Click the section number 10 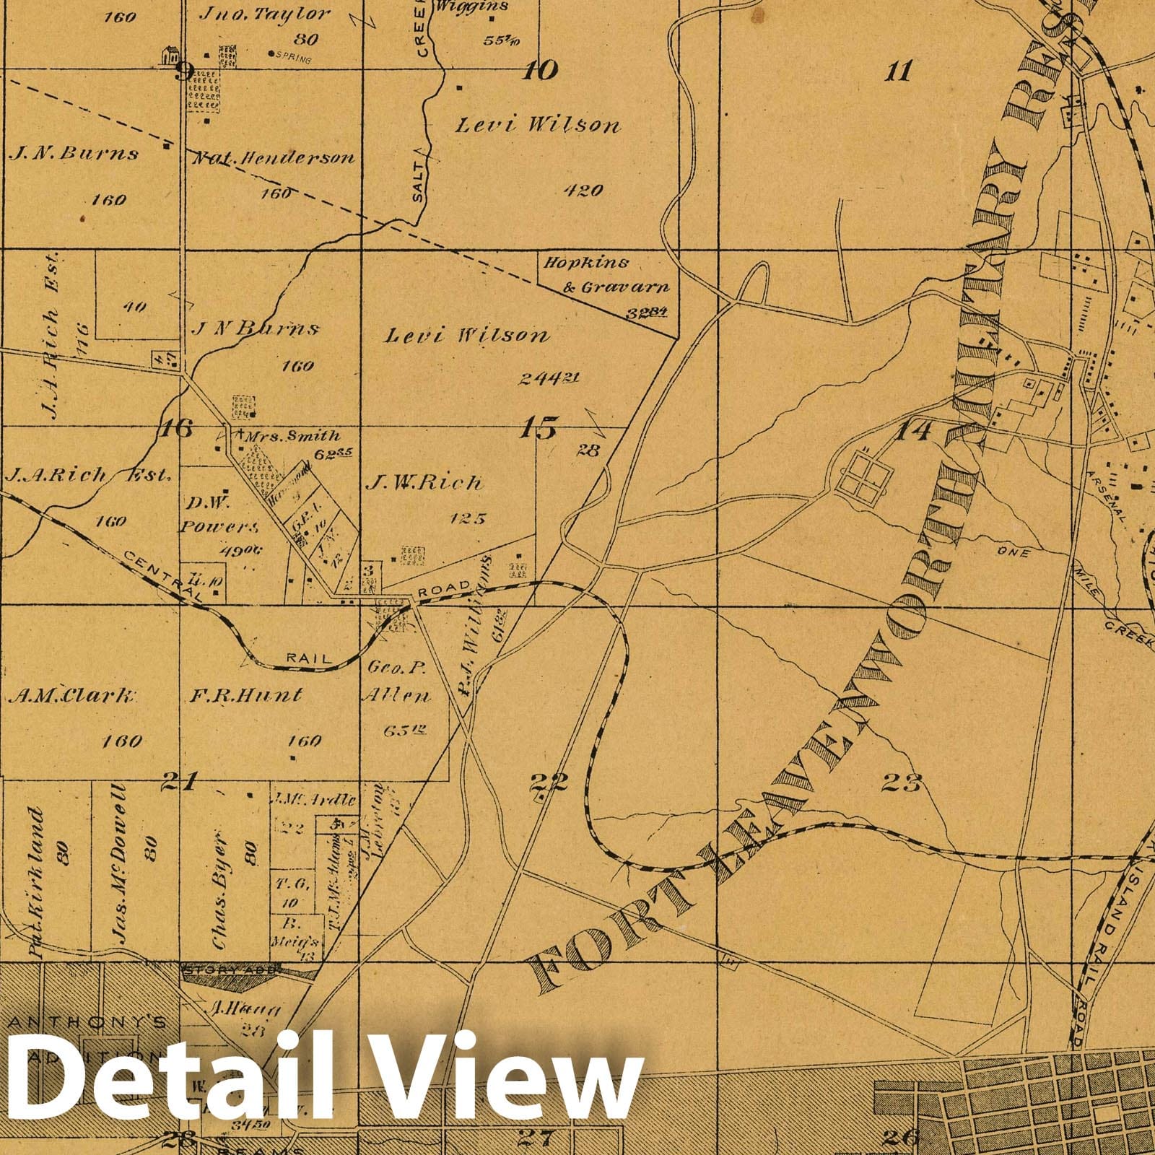click(x=541, y=70)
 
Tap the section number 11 click(x=899, y=71)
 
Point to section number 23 click(x=902, y=782)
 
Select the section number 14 click(x=915, y=431)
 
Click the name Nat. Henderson click(x=273, y=158)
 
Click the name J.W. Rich click(x=424, y=483)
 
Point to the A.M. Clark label click(x=71, y=696)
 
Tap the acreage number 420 click(x=583, y=191)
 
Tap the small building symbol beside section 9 click(x=170, y=55)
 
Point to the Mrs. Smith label click(x=292, y=436)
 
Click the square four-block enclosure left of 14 click(x=864, y=476)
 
